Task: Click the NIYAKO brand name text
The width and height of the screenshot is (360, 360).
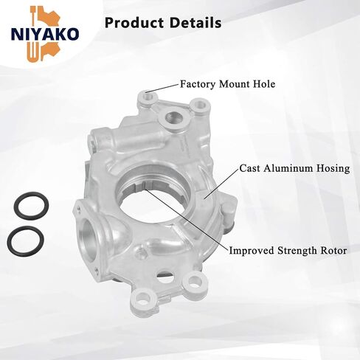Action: (45, 35)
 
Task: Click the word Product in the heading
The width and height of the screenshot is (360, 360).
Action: (134, 23)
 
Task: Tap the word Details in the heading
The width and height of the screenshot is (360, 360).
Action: (195, 23)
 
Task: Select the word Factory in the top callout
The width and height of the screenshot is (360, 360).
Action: (198, 84)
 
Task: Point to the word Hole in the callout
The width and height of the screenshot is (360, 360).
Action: (265, 84)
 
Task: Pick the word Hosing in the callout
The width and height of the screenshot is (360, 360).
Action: (333, 169)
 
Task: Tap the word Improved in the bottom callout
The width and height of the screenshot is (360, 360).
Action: (252, 251)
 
